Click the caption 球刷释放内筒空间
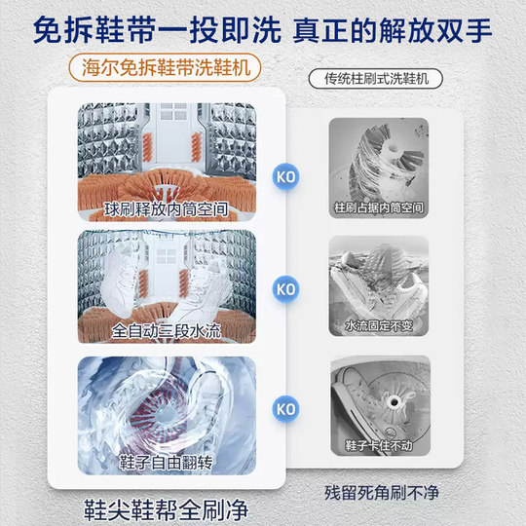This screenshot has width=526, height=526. tap(166, 207)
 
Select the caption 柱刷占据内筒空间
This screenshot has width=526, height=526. tap(379, 208)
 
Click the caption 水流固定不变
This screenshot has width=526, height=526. tap(379, 323)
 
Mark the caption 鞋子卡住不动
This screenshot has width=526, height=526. tap(379, 445)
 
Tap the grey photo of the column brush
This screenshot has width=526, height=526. tap(379, 161)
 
